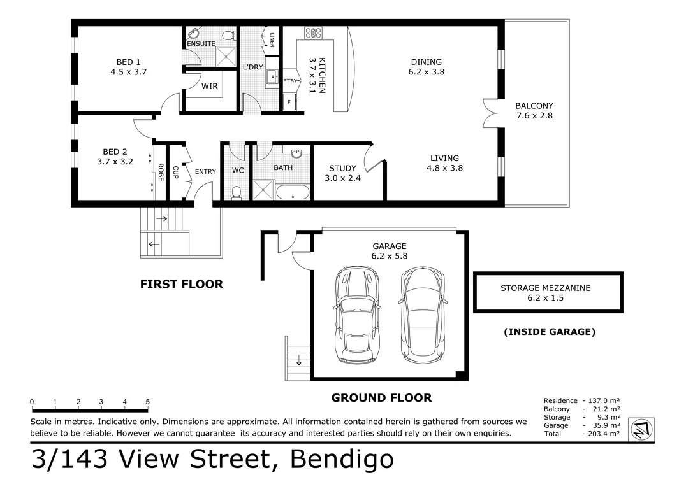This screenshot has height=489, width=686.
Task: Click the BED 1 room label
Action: pyautogui.click(x=128, y=62)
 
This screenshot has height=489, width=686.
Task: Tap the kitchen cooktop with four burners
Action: pyautogui.click(x=313, y=32)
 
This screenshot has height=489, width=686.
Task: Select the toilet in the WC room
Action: pyautogui.click(x=237, y=192)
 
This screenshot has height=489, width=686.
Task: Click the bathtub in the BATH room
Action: pyautogui.click(x=293, y=192)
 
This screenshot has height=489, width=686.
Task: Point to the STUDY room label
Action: pyautogui.click(x=342, y=168)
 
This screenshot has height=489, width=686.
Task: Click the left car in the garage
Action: pyautogui.click(x=357, y=314)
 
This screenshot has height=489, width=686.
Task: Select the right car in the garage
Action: pyautogui.click(x=423, y=314)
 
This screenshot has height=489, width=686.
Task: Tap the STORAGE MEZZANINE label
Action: pyautogui.click(x=545, y=288)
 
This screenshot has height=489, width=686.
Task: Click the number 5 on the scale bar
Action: pyautogui.click(x=148, y=402)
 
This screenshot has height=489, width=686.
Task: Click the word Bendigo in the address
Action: pyautogui.click(x=342, y=460)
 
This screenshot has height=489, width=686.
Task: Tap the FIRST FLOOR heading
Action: pyautogui.click(x=182, y=284)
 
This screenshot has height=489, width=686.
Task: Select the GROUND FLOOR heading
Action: pyautogui.click(x=381, y=398)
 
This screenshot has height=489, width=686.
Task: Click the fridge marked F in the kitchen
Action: pyautogui.click(x=289, y=102)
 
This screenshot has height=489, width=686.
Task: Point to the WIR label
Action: pyautogui.click(x=210, y=86)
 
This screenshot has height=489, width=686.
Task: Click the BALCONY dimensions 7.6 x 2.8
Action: pyautogui.click(x=535, y=115)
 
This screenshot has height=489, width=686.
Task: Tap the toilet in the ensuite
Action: pyautogui.click(x=228, y=34)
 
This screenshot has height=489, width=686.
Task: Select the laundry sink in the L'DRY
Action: pyautogui.click(x=273, y=77)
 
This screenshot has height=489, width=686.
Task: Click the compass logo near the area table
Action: pyautogui.click(x=641, y=429)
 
